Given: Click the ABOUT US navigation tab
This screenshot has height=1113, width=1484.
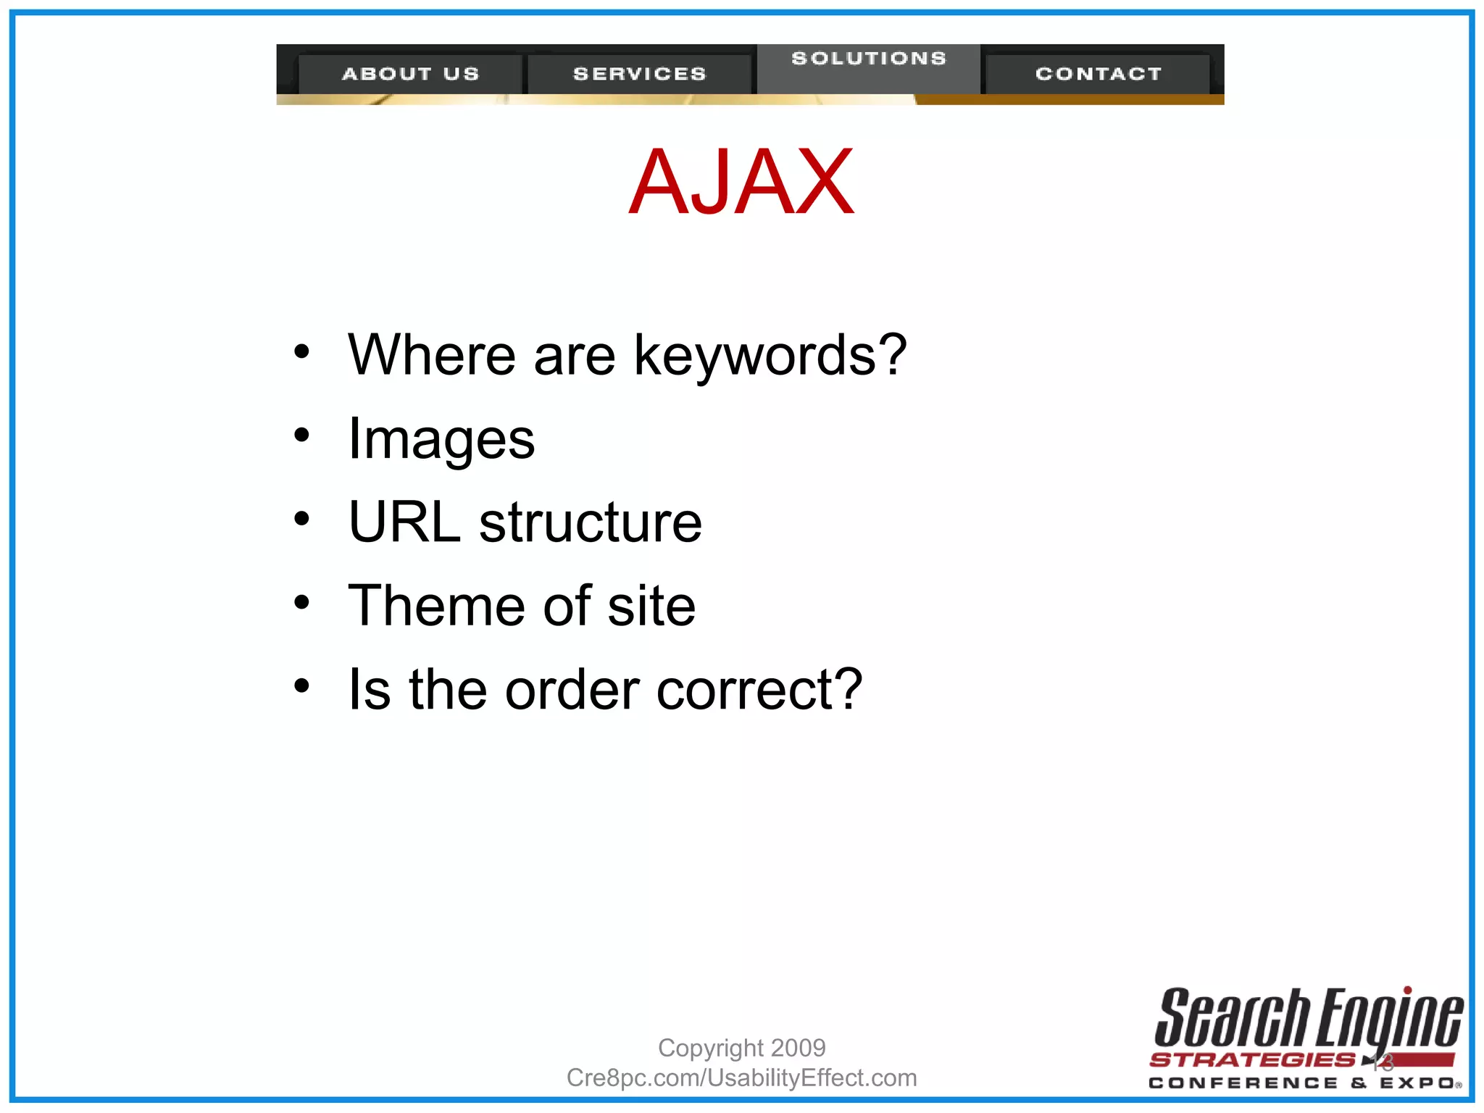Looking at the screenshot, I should tap(410, 74).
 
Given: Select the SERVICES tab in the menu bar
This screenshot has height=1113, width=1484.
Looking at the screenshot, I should tap(639, 74).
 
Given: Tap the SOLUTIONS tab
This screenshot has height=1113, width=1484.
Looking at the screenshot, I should tap(869, 59).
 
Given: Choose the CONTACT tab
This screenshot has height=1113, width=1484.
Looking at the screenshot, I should tap(1099, 74).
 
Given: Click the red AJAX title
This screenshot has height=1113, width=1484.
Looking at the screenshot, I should tap(741, 182).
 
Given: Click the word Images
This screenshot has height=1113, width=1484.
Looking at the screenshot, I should tap(441, 439).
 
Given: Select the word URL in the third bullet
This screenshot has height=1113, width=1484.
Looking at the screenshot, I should tap(404, 522).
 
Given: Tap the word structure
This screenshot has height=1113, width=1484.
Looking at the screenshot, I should tap(591, 522).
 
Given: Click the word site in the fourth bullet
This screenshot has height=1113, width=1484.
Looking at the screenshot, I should tap(651, 606).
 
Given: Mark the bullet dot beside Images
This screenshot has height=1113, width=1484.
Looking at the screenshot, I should tap(302, 435).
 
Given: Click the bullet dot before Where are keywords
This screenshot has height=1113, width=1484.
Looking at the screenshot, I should tap(302, 352).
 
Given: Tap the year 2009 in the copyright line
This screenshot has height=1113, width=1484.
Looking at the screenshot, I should tap(798, 1048).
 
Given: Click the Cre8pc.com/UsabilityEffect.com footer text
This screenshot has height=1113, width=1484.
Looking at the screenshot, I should tap(741, 1078).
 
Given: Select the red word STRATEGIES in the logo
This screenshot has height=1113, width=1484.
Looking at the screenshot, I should tap(1252, 1060).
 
